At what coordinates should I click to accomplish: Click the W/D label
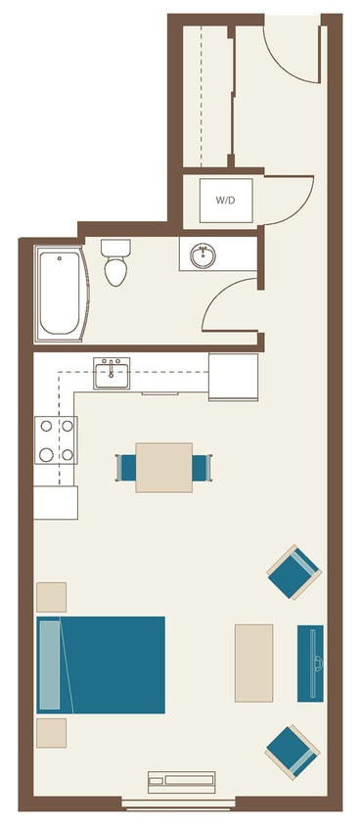click(225, 200)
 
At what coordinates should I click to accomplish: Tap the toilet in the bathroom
click(116, 263)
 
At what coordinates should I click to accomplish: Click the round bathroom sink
click(204, 256)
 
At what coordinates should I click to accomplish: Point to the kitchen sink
click(112, 371)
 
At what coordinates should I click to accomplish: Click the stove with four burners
click(56, 440)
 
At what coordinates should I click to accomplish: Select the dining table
click(163, 468)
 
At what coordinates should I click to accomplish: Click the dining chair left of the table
click(126, 468)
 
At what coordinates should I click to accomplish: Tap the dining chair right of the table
click(201, 468)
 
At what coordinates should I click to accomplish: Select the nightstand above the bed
click(51, 596)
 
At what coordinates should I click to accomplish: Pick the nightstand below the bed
click(51, 733)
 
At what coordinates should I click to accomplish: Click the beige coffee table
click(253, 663)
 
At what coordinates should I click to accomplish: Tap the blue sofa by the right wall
click(310, 663)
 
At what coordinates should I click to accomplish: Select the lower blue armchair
click(292, 750)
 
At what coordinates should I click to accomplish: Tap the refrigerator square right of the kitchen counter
click(233, 376)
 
